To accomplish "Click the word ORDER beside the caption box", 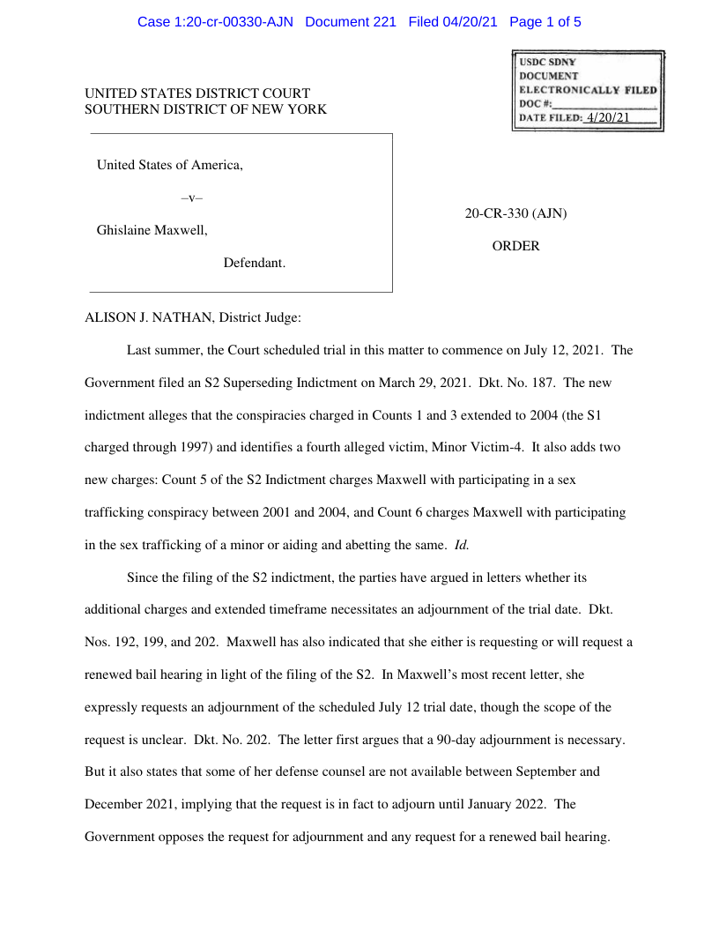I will [x=515, y=246].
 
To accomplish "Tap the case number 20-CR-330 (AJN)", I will [x=515, y=213].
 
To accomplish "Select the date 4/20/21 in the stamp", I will [x=607, y=118].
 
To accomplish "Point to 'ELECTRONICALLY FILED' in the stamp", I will [x=587, y=90].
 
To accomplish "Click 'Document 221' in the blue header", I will [x=351, y=22].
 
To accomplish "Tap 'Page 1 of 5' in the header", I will [x=545, y=22].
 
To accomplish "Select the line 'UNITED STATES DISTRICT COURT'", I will [x=197, y=93].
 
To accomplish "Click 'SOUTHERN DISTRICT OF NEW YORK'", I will [x=205, y=109].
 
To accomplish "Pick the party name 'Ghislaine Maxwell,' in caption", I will [x=152, y=230].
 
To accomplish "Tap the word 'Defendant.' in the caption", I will [x=255, y=263].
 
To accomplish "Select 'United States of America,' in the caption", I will [x=170, y=165].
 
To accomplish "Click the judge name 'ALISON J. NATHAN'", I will [x=148, y=317].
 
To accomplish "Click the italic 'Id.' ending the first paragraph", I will [x=461, y=545].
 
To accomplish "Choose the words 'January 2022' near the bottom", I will [x=508, y=804].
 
